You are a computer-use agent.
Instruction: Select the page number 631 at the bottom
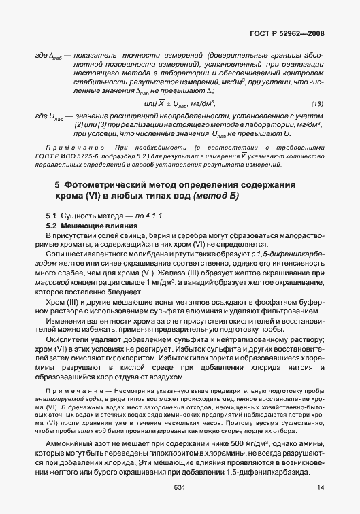(180, 487)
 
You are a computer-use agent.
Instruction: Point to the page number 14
(320, 487)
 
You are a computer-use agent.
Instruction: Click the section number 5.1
(50, 215)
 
